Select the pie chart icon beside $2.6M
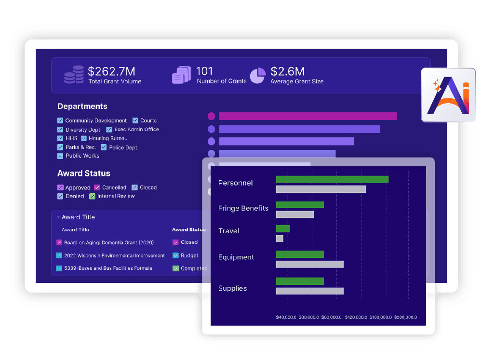point(257,75)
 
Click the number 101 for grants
point(204,71)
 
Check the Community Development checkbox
point(60,120)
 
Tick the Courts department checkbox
point(135,120)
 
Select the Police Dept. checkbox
point(104,147)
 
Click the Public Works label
point(82,156)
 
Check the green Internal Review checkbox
point(92,196)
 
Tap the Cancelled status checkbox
point(97,187)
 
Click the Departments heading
point(82,107)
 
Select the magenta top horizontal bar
point(308,116)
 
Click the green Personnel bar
point(332,179)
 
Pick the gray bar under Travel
point(280,239)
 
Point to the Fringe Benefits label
point(243,208)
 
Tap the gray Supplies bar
point(309,291)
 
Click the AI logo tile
point(448,94)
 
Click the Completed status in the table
point(194,268)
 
